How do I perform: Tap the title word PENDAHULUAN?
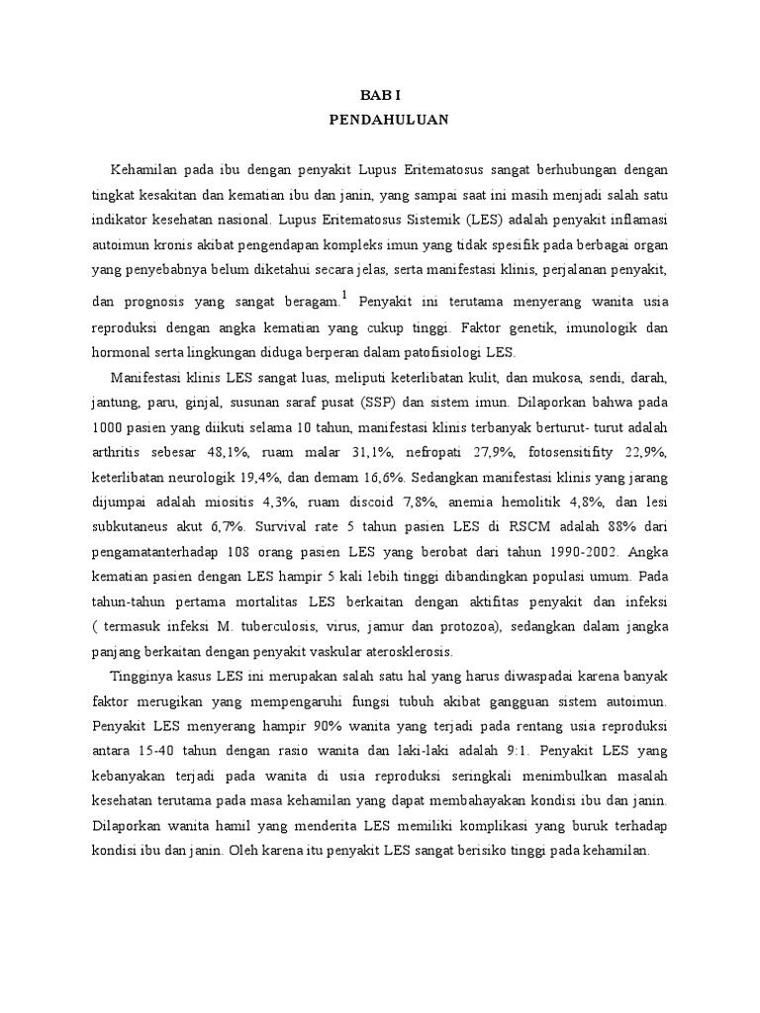pyautogui.click(x=379, y=120)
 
